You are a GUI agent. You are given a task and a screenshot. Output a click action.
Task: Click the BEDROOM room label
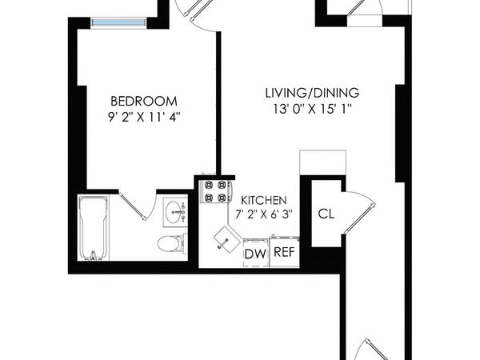[x=143, y=101]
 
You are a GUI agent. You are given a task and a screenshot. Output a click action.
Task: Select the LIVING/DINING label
[x=312, y=93]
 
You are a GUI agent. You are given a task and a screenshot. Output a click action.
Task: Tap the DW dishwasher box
[x=254, y=254]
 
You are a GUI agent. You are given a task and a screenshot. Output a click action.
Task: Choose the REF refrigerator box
[x=284, y=252]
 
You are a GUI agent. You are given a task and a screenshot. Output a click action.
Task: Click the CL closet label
[x=326, y=214]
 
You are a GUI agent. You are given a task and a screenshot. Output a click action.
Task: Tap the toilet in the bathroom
[x=170, y=243]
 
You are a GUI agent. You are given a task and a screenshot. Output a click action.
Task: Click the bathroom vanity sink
[x=174, y=213]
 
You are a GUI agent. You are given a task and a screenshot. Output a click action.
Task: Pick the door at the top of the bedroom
[x=194, y=12]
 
